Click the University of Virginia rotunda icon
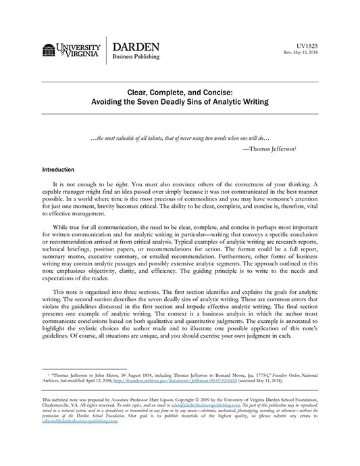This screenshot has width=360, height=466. click(x=47, y=51)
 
